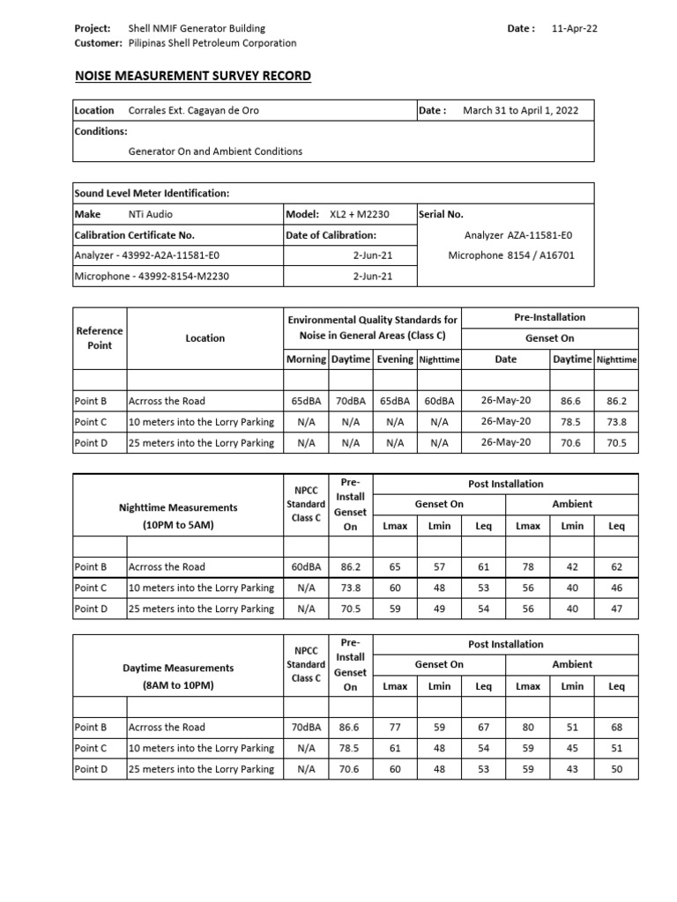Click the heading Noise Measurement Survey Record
(x=193, y=76)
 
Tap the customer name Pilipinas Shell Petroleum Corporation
(x=212, y=43)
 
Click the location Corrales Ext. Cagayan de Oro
(x=194, y=110)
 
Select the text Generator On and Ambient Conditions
(x=215, y=151)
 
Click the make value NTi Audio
(x=151, y=214)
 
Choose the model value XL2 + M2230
(x=360, y=214)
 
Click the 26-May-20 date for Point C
(x=506, y=422)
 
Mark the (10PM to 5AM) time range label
(x=178, y=524)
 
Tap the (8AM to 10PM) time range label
(x=178, y=684)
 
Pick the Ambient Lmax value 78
(x=528, y=566)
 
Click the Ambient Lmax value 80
(x=528, y=727)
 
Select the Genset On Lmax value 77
(x=394, y=727)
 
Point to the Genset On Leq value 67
(x=483, y=727)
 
